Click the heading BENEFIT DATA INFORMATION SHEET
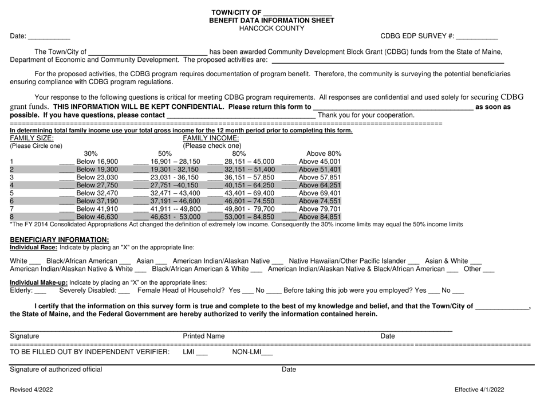click(x=271, y=19)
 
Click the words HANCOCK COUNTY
click(x=272, y=27)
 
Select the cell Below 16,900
click(x=97, y=162)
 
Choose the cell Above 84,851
click(x=320, y=217)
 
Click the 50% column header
click(x=164, y=154)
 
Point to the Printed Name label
click(x=203, y=336)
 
